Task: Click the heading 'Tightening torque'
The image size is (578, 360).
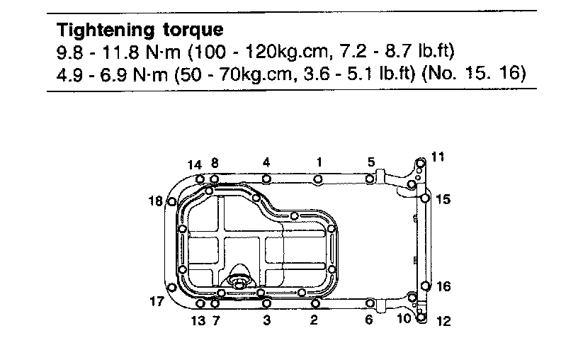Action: point(140,30)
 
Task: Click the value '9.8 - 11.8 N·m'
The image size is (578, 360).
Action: point(119,52)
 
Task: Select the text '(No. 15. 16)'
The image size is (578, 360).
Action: point(474,73)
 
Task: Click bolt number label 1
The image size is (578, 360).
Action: point(319,162)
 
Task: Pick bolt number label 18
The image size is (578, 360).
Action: point(156,201)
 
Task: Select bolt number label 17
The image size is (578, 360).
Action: point(157,301)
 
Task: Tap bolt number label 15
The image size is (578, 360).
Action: point(443,199)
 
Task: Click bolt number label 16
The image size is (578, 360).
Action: point(443,286)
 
